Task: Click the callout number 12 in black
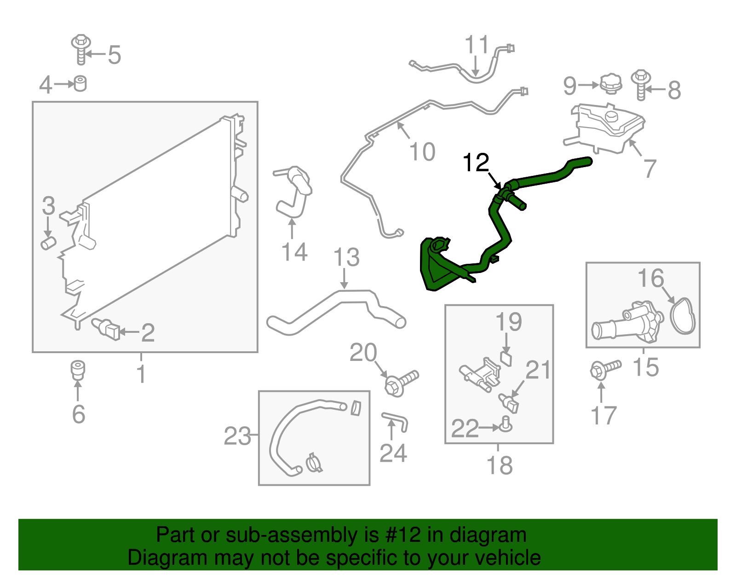click(476, 163)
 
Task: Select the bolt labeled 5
click(80, 49)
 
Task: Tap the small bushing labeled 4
click(80, 84)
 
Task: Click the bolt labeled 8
click(641, 85)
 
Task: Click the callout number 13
click(346, 257)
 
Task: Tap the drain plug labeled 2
click(106, 329)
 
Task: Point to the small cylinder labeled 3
click(48, 243)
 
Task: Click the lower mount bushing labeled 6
click(78, 371)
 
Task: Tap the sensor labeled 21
click(509, 403)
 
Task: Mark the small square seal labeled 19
click(506, 359)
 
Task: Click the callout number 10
click(422, 151)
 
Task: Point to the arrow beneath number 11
click(476, 66)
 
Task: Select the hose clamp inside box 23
click(314, 463)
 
